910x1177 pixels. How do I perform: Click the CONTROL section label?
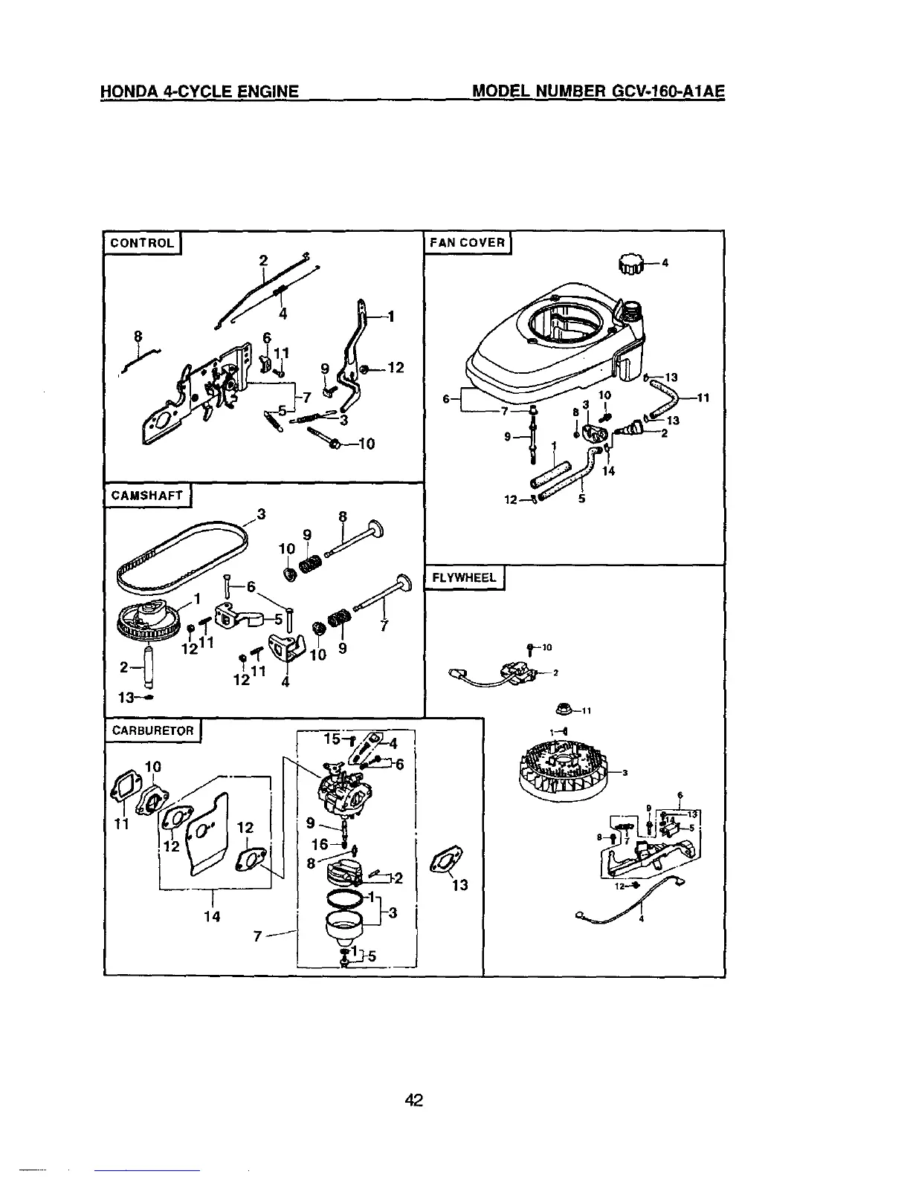142,243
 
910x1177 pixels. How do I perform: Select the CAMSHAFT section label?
146,496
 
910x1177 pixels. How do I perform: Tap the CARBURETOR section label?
152,730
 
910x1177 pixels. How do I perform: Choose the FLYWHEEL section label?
464,577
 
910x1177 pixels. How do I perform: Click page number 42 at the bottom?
414,1100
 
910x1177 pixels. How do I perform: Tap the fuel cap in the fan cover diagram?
630,262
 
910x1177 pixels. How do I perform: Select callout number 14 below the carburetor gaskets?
212,916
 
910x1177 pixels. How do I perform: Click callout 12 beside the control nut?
395,367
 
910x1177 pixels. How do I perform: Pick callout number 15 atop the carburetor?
332,739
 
